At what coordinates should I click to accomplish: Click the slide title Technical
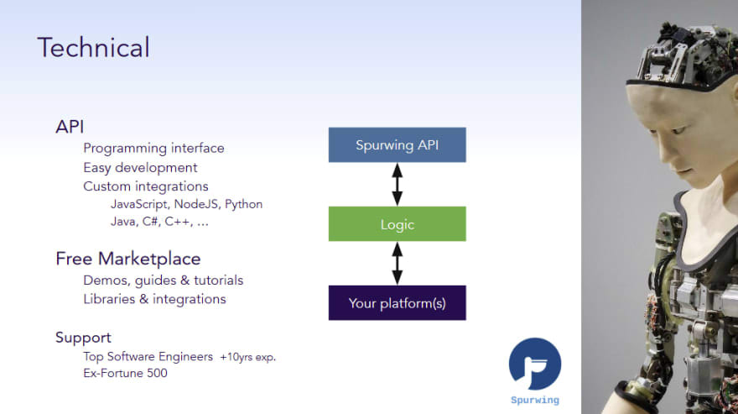point(94,47)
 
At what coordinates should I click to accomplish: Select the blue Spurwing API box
point(398,144)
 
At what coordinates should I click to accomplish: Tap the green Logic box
point(398,224)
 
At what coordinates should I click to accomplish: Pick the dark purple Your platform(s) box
point(398,302)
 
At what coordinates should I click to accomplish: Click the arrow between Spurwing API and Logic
point(398,185)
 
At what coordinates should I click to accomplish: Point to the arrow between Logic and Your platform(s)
point(398,264)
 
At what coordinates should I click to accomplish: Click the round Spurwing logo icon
point(535,364)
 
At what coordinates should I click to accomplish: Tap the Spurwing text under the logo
point(535,401)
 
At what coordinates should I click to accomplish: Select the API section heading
point(70,127)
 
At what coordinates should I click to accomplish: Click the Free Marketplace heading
point(128,259)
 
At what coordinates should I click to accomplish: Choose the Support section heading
point(83,338)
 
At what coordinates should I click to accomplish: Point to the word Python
point(243,205)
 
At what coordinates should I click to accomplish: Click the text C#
point(150,222)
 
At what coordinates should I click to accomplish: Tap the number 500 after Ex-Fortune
point(157,373)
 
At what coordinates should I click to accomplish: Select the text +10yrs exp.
point(247,357)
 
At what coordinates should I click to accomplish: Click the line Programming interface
point(153,149)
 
